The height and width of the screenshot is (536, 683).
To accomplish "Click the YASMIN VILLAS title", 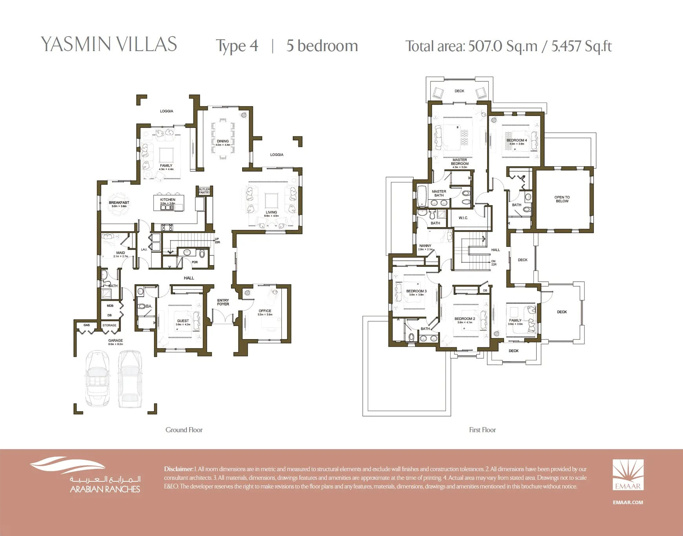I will pyautogui.click(x=109, y=44).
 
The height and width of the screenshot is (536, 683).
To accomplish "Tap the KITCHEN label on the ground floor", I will pyautogui.click(x=168, y=200).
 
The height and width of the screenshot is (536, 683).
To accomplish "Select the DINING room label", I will pyautogui.click(x=223, y=141).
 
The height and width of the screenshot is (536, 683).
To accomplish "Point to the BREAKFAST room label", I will pyautogui.click(x=119, y=203).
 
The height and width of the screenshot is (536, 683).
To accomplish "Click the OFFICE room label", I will pyautogui.click(x=265, y=311).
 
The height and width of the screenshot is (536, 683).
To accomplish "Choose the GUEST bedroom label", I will pyautogui.click(x=183, y=321).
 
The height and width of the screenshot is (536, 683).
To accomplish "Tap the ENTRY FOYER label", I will pyautogui.click(x=223, y=302).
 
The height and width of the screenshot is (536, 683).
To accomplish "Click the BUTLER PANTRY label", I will pyautogui.click(x=204, y=191).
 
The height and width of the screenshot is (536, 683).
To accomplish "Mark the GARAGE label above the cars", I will pyautogui.click(x=115, y=341).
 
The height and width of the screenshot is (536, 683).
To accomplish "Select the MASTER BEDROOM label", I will pyautogui.click(x=460, y=162).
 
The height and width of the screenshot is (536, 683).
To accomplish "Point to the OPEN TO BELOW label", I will pyautogui.click(x=562, y=199).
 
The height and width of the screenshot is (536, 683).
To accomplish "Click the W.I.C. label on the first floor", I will pyautogui.click(x=463, y=218).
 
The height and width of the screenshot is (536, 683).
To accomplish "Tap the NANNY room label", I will pyautogui.click(x=425, y=246).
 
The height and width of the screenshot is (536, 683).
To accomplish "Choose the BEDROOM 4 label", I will pyautogui.click(x=517, y=140).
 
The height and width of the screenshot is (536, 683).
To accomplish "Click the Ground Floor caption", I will pyautogui.click(x=184, y=430).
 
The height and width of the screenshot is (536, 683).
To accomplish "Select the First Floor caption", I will pyautogui.click(x=482, y=430).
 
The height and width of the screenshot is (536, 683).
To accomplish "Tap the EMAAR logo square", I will pyautogui.click(x=628, y=475).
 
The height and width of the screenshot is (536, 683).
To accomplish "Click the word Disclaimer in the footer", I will pyautogui.click(x=179, y=469).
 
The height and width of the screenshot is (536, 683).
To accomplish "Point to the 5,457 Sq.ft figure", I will pyautogui.click(x=581, y=46).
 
